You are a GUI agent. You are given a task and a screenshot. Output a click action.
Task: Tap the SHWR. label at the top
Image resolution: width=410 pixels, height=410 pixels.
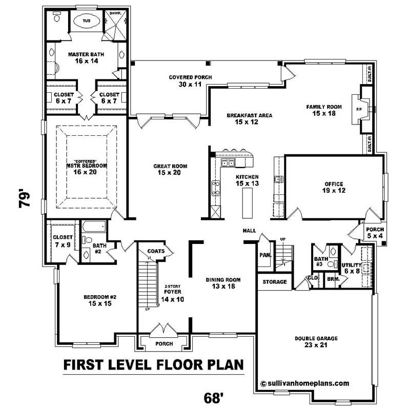113,14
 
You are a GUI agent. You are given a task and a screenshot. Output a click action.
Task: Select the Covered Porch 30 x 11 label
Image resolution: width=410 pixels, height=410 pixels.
190,81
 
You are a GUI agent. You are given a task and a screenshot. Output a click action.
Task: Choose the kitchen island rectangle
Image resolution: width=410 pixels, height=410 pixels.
248,199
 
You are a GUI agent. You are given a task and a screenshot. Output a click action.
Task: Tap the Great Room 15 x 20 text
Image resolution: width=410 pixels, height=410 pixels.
170,170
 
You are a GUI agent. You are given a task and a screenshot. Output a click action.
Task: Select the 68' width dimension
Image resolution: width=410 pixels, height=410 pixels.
213,397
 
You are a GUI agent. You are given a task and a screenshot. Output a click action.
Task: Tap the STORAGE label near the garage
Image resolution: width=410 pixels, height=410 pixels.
275,282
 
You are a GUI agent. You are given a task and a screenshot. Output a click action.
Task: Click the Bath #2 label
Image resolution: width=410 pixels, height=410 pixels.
100,249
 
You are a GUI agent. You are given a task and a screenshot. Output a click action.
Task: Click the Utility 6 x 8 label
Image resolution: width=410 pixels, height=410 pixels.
352,268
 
